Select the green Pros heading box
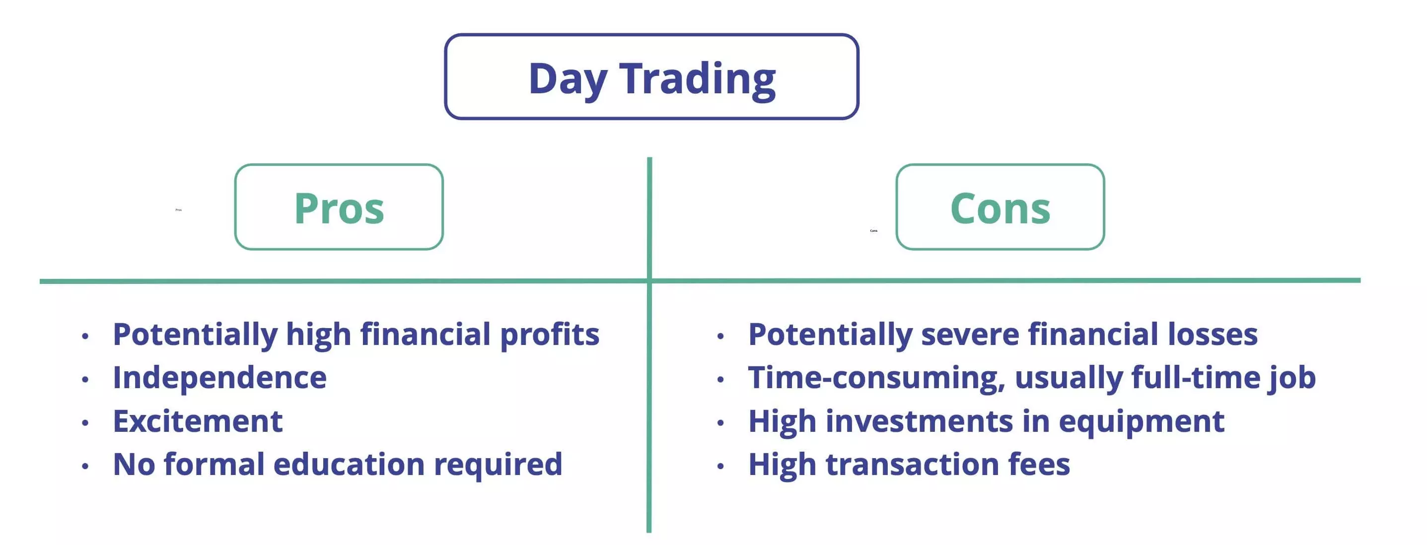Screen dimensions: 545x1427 point(339,207)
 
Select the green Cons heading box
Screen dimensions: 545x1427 point(1000,207)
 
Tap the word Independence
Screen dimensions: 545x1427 point(219,378)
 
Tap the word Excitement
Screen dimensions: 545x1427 point(198,421)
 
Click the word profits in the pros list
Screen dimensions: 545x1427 point(550,335)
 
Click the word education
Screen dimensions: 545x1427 point(349,464)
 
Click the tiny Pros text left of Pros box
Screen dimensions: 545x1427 point(178,210)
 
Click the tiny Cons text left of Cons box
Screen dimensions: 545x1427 point(873,230)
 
